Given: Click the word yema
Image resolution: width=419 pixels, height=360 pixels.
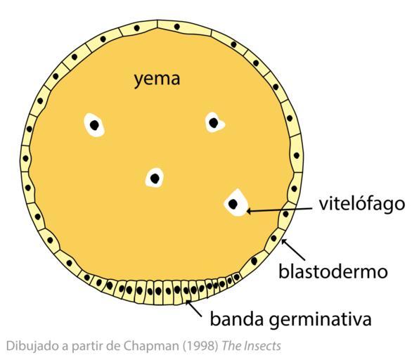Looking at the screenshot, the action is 157,79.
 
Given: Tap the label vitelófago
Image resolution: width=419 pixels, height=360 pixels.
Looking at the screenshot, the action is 362,204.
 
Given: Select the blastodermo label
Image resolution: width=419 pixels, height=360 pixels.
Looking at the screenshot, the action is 333,271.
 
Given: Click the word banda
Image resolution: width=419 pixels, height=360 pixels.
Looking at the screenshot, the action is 237,319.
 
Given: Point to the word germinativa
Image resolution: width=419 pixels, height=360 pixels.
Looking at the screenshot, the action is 320,320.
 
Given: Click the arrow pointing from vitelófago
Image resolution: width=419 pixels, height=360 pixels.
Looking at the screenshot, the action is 279,210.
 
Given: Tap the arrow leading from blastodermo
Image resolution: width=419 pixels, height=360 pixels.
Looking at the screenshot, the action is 293,250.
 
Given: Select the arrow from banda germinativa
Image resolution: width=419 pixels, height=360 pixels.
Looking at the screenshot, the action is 194,308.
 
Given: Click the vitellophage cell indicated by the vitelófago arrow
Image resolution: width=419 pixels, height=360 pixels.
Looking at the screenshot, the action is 236,202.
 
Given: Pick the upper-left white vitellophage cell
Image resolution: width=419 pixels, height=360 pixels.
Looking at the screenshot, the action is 94,125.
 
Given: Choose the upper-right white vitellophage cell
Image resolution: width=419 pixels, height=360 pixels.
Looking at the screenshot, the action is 214,122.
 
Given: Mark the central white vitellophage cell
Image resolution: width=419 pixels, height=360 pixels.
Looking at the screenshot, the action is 155,178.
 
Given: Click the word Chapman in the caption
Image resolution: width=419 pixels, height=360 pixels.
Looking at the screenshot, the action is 151,346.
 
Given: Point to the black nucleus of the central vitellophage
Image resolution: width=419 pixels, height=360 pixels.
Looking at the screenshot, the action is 155,179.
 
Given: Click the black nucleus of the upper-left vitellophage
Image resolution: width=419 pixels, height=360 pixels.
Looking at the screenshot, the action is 94,125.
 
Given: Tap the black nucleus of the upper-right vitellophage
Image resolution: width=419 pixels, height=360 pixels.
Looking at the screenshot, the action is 214,123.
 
